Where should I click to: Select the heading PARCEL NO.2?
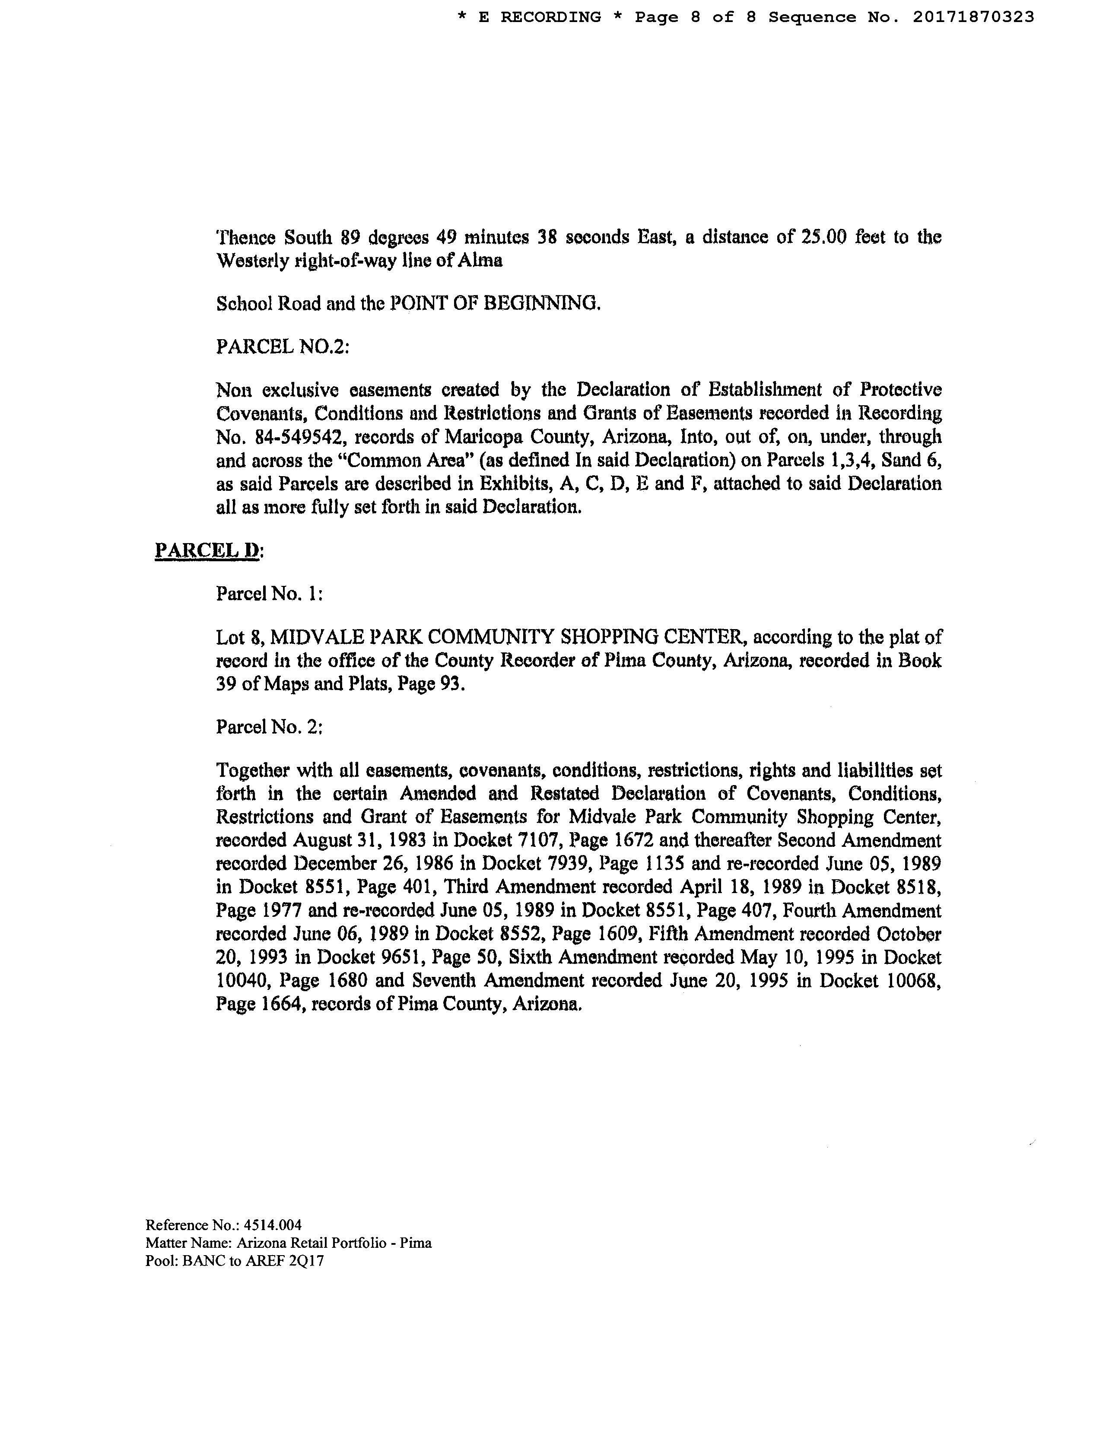click(x=283, y=346)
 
